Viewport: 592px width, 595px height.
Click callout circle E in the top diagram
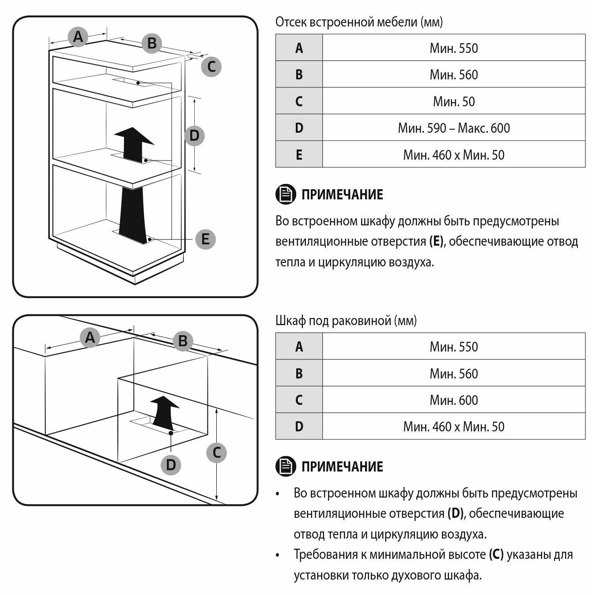[x=205, y=239]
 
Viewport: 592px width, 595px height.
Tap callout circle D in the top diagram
[x=194, y=135]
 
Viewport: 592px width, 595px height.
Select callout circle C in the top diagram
[x=211, y=67]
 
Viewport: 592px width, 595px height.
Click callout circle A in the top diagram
[x=78, y=37]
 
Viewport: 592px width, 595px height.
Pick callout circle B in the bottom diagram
[x=183, y=341]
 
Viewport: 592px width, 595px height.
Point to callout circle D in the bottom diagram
[x=171, y=464]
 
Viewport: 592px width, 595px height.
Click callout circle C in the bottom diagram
[x=216, y=453]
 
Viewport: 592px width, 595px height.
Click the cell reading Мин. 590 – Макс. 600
[x=454, y=128]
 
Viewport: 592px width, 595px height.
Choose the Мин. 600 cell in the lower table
[x=454, y=400]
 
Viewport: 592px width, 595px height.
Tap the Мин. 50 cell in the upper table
[x=454, y=101]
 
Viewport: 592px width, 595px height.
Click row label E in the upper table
[x=299, y=155]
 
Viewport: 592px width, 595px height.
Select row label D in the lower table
[x=299, y=427]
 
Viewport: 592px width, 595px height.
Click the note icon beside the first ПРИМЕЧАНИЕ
[x=286, y=194]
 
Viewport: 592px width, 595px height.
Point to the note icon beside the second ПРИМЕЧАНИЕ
[x=286, y=466]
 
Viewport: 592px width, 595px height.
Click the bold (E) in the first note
[x=436, y=241]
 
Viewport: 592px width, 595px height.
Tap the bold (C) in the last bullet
[x=496, y=554]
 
